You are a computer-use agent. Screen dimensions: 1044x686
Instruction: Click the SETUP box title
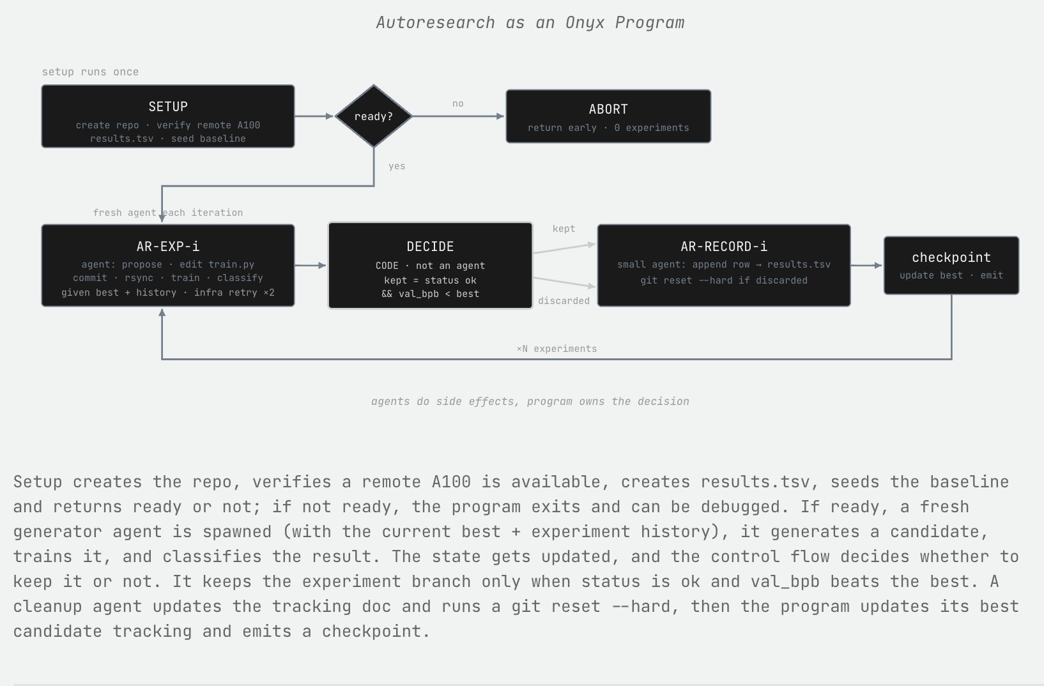(168, 107)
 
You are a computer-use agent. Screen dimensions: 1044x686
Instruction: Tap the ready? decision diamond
(374, 116)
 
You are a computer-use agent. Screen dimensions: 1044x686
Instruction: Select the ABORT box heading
(608, 109)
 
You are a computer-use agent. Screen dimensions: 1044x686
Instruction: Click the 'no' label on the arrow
(457, 103)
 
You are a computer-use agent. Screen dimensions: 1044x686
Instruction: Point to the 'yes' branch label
(397, 166)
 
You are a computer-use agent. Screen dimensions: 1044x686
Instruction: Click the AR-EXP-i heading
(168, 246)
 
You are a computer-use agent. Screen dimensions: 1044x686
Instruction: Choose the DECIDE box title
(430, 247)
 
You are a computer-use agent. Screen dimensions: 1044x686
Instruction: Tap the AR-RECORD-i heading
(724, 246)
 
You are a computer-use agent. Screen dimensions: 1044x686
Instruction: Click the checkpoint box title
(951, 257)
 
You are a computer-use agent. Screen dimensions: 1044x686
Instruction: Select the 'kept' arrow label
(564, 229)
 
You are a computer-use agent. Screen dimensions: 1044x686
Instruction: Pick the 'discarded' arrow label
(564, 301)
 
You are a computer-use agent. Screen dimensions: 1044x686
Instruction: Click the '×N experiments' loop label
(557, 349)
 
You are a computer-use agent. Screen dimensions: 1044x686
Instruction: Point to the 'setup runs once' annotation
(91, 72)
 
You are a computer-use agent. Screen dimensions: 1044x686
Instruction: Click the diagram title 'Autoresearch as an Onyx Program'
(530, 22)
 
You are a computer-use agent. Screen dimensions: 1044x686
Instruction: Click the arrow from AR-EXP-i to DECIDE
(311, 265)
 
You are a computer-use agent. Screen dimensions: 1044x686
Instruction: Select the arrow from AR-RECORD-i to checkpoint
(866, 265)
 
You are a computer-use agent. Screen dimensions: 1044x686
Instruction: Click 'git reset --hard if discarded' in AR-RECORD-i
(724, 280)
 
